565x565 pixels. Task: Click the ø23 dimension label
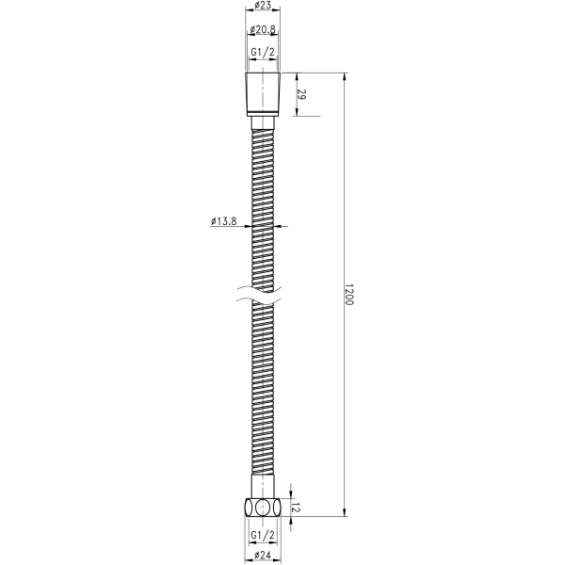click(264, 6)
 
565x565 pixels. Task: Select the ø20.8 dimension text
click(264, 31)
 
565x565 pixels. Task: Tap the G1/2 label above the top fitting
click(264, 54)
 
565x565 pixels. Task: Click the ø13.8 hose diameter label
click(223, 222)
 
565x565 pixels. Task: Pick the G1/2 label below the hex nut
click(264, 535)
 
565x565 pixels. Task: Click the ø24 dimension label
click(264, 557)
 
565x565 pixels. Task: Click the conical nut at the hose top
click(264, 94)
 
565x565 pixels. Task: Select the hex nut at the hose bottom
click(264, 506)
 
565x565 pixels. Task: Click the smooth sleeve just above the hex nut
click(264, 487)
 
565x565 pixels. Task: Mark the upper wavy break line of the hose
click(264, 289)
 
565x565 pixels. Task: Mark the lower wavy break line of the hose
click(264, 302)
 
